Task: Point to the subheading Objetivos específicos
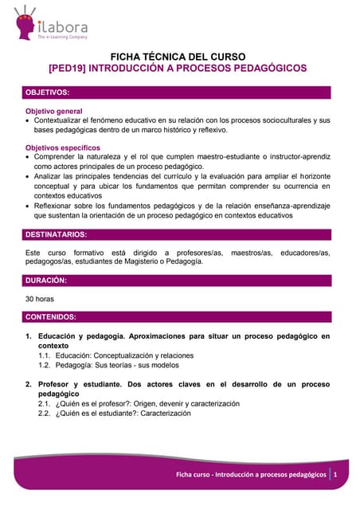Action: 63,148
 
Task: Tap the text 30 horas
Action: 41,300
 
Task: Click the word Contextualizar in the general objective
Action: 60,120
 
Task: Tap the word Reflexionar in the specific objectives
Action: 56,205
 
